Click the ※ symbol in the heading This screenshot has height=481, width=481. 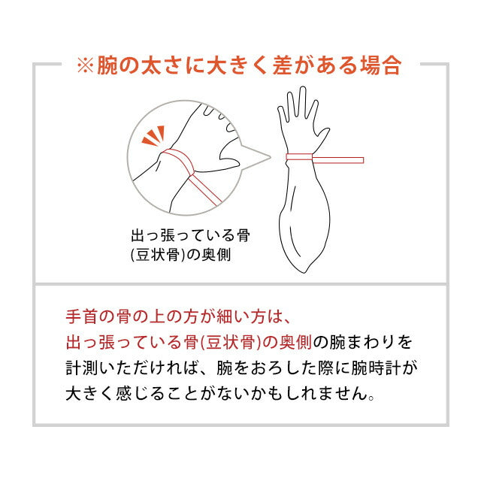pyautogui.click(x=85, y=65)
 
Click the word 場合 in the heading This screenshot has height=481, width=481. pyautogui.click(x=381, y=65)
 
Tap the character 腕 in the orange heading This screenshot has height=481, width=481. pyautogui.click(x=107, y=65)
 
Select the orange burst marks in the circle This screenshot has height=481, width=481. pyautogui.click(x=153, y=136)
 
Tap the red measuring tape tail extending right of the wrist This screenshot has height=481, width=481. pyautogui.click(x=338, y=160)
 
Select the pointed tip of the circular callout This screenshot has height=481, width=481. pyautogui.click(x=270, y=157)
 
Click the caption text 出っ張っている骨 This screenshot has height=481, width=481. pyautogui.click(x=190, y=236)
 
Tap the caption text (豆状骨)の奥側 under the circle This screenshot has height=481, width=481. pyautogui.click(x=180, y=255)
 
